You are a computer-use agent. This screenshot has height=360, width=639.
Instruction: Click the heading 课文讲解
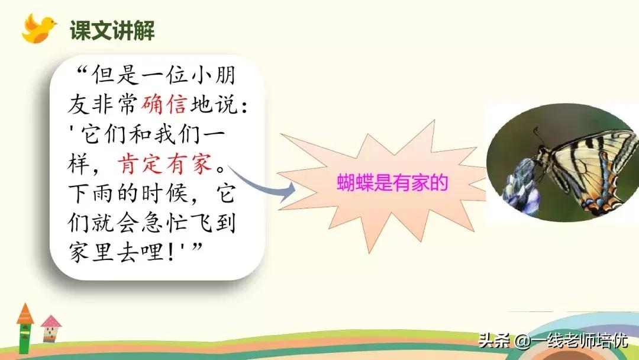tap(112, 30)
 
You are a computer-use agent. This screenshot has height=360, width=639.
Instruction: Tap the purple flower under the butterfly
tap(521, 184)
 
